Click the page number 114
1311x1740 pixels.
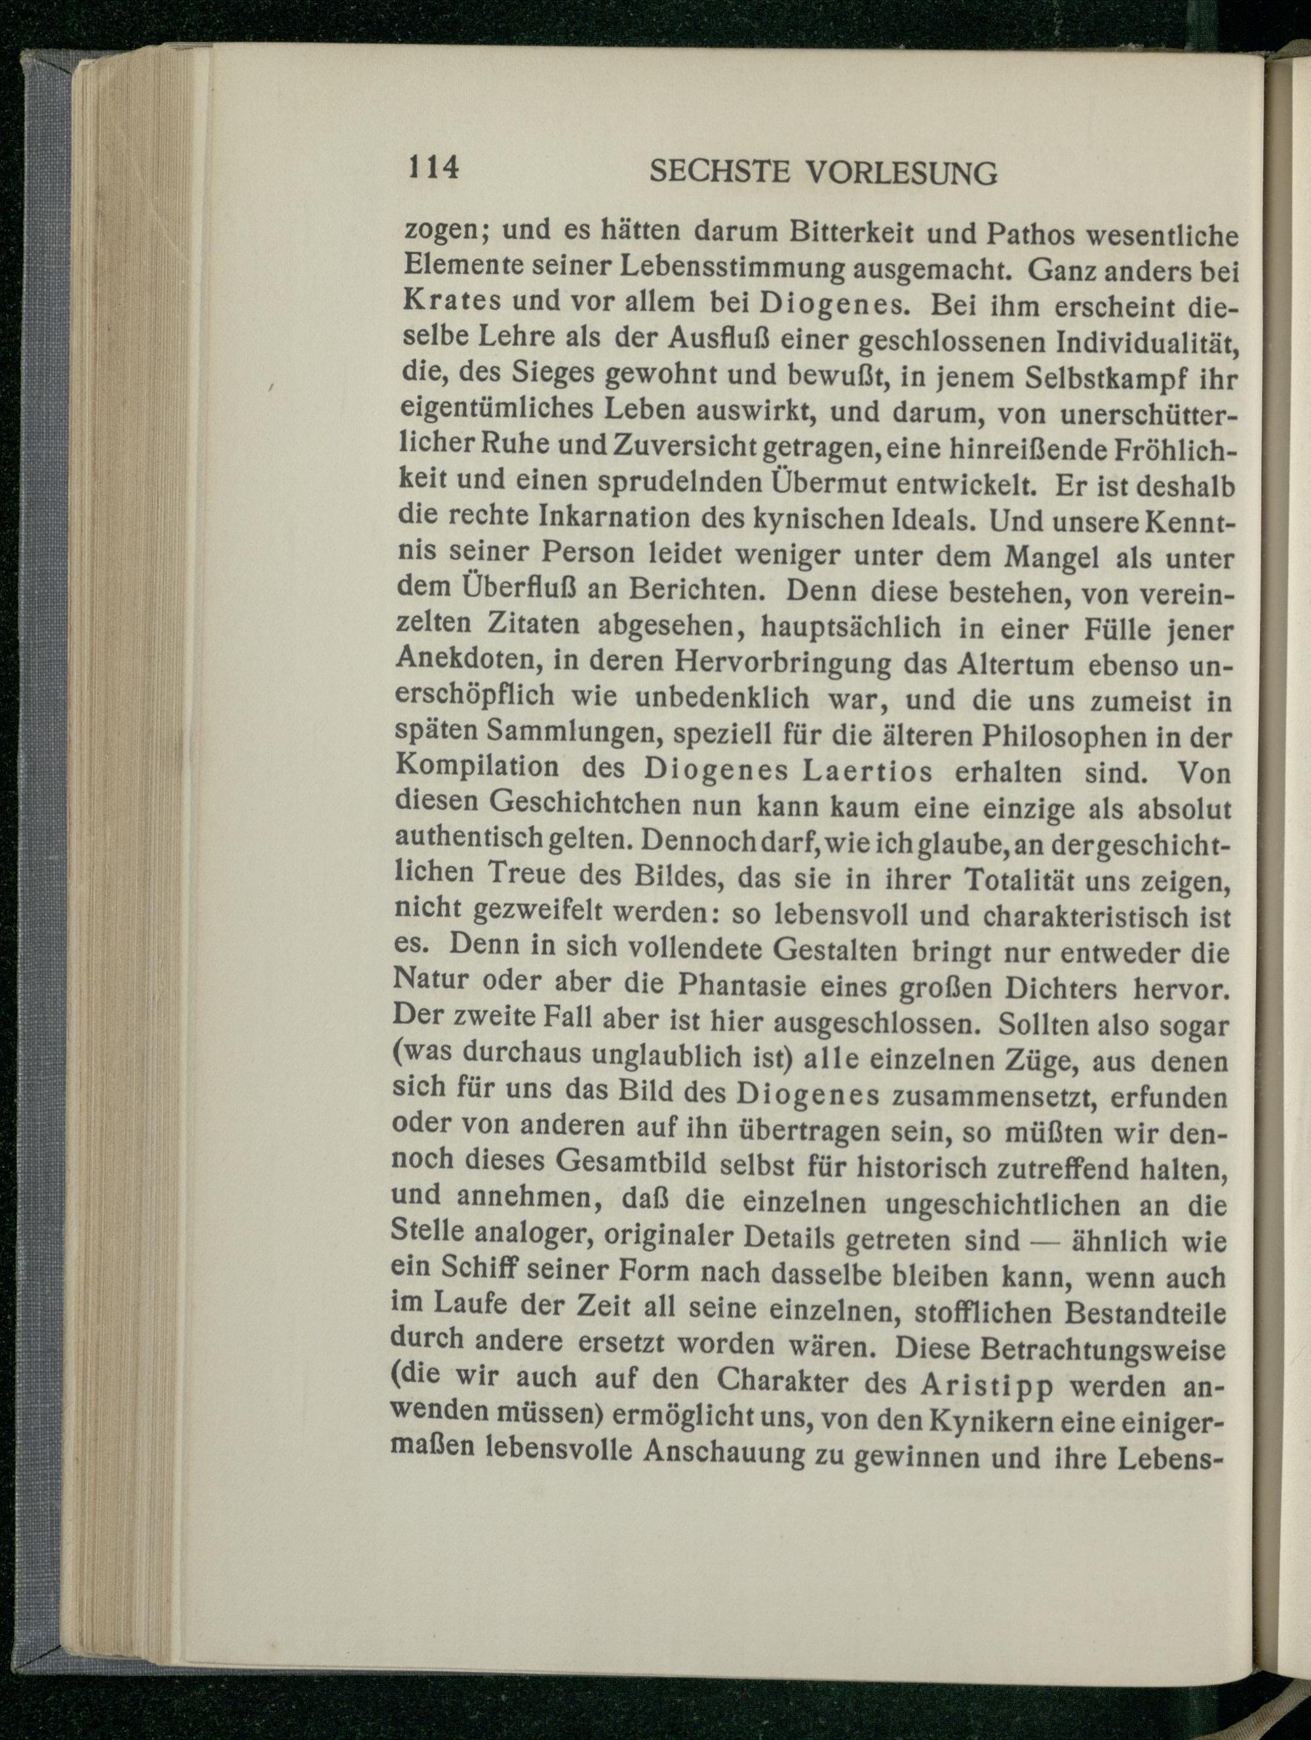point(431,168)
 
